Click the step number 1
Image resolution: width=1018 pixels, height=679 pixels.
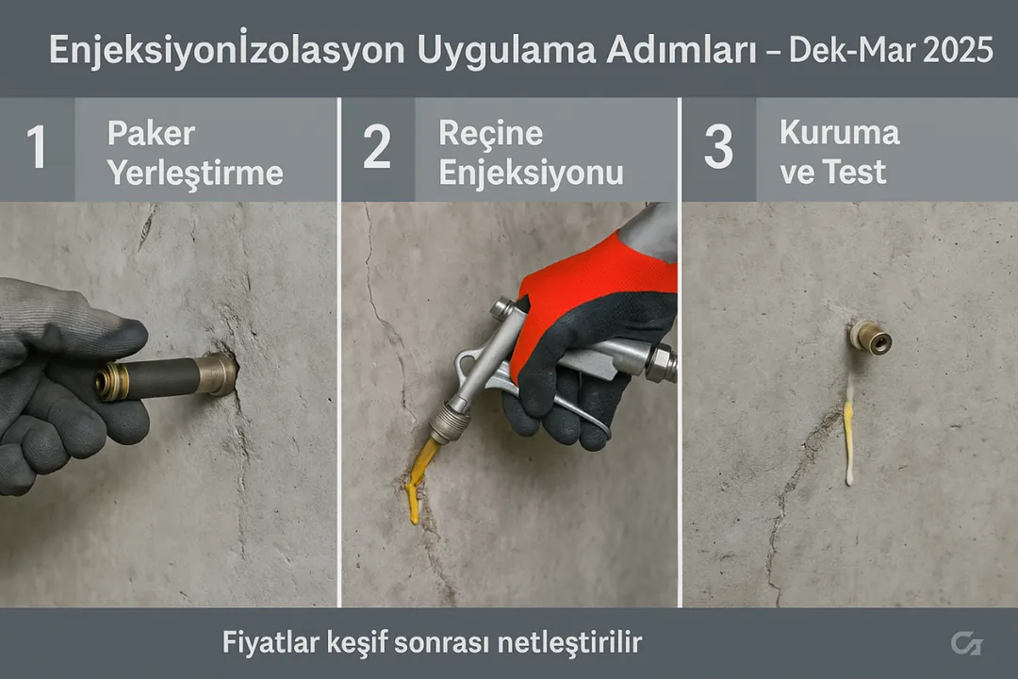coord(36,150)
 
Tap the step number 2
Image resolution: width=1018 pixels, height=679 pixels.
coord(376,150)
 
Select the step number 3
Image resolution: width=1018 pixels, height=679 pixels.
coord(717,150)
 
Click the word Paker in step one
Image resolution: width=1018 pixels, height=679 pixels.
coord(150,133)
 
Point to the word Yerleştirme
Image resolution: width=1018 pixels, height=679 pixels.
coord(194,173)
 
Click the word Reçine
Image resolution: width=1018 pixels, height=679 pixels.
coord(490,133)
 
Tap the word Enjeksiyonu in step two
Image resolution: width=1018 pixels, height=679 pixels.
coord(531,173)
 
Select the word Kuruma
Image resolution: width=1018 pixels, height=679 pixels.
coord(839,132)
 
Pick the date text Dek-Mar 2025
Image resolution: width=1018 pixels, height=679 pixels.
coord(890,50)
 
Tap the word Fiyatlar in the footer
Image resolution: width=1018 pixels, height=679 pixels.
coord(267,644)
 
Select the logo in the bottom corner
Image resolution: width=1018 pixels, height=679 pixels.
coord(965,644)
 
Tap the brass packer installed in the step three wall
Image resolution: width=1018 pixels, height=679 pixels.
coord(869,337)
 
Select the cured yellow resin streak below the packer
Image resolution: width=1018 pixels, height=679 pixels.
coord(848,434)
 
